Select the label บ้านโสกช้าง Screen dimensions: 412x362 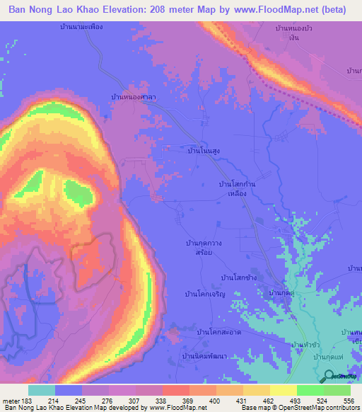tap(238, 277)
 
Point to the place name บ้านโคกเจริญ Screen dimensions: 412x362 tap(204, 293)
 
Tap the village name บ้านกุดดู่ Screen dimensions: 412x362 tap(281, 292)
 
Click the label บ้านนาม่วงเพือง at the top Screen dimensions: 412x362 tap(82, 27)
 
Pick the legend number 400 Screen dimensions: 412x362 tap(204, 400)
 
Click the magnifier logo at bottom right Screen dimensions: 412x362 tap(327, 377)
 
